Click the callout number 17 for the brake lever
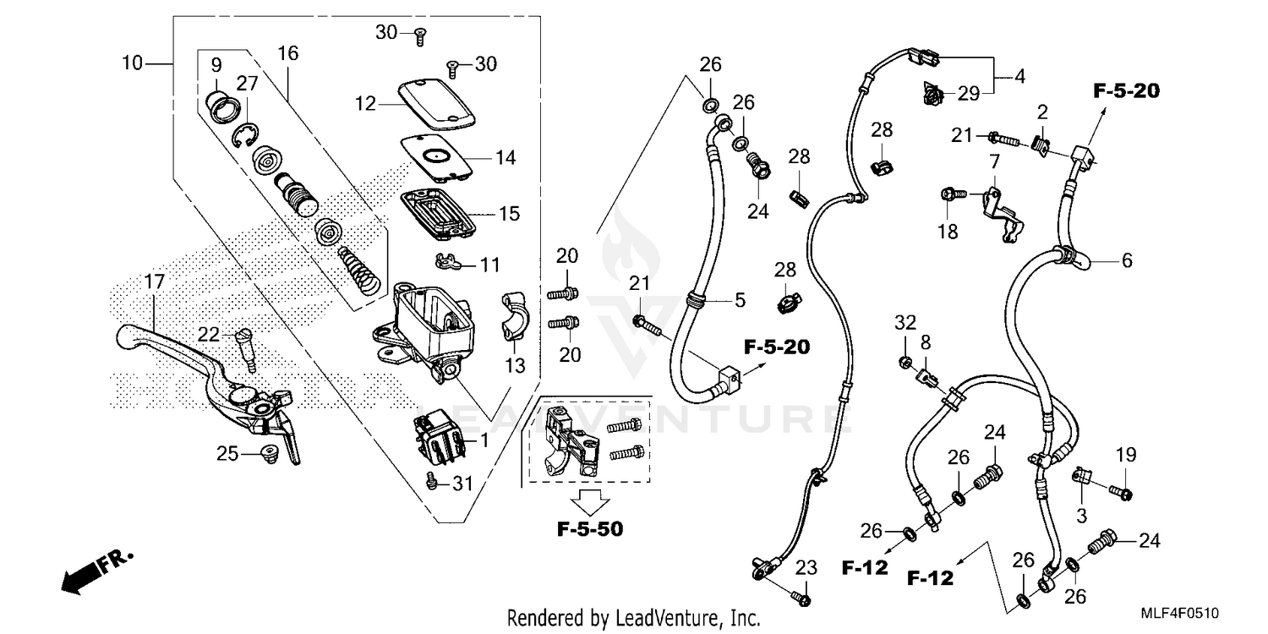(153, 283)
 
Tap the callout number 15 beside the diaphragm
(509, 214)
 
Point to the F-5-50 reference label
(589, 530)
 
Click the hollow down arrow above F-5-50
(589, 500)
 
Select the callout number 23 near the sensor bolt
(806, 567)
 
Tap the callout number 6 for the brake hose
(1126, 261)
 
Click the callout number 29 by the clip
(968, 93)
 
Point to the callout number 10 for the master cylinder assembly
(132, 63)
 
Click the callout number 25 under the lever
(227, 453)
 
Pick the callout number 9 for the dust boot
(216, 64)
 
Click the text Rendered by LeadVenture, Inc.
(633, 618)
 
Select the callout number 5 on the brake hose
(739, 299)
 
